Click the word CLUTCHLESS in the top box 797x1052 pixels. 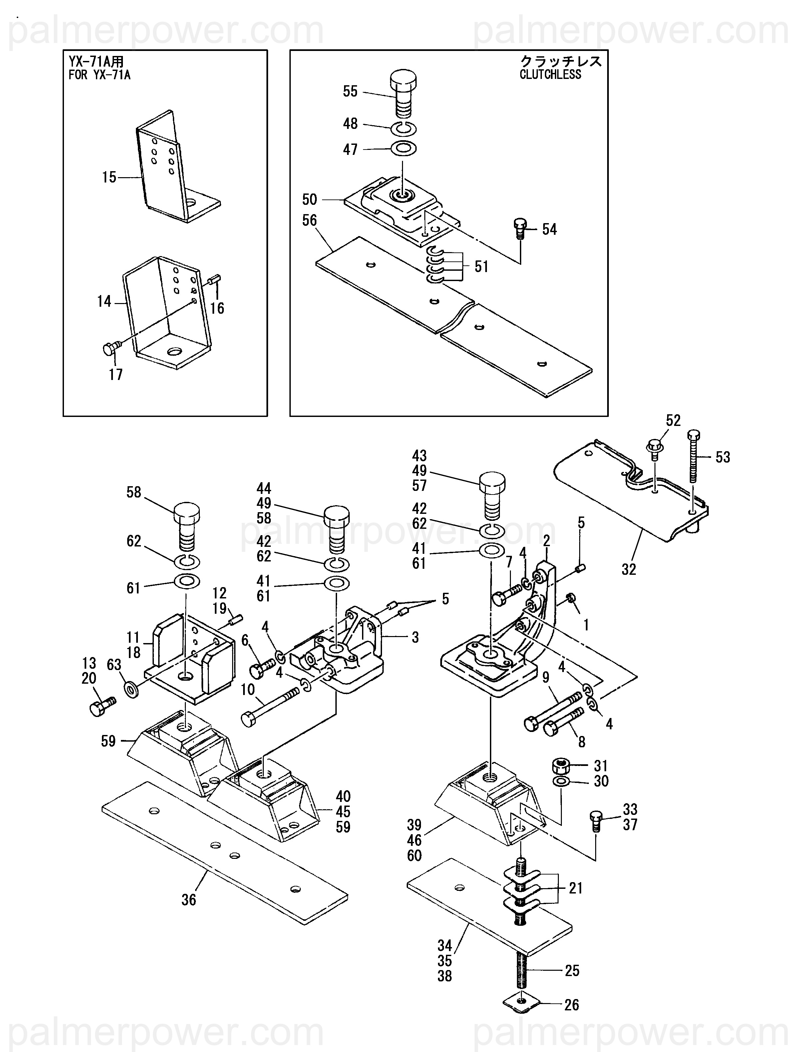(x=550, y=75)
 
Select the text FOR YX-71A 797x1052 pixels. (x=99, y=75)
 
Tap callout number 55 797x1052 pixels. (x=350, y=91)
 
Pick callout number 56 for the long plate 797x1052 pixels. (x=310, y=220)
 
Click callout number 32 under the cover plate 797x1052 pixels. (x=629, y=569)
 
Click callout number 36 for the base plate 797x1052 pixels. (x=189, y=899)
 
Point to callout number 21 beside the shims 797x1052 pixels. (x=576, y=888)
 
